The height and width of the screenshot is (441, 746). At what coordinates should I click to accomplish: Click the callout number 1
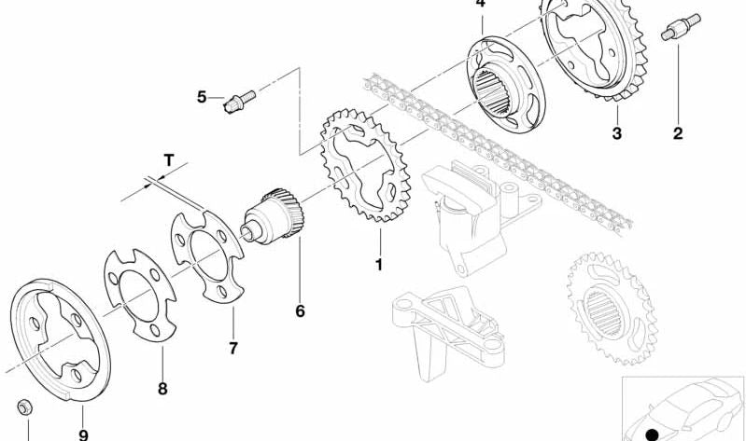click(379, 265)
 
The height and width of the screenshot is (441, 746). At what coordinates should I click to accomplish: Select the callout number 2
click(678, 133)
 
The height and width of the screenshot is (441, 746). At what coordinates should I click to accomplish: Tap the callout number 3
click(616, 133)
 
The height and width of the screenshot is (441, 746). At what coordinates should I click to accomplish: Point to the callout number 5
click(202, 97)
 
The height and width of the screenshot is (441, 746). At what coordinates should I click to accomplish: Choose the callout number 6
click(300, 311)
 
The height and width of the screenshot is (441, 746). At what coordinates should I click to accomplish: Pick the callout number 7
click(233, 349)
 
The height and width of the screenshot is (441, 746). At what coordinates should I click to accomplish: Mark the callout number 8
click(162, 389)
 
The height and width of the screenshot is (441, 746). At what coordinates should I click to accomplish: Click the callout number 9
click(83, 434)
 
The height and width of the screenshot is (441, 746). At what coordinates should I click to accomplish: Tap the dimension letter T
click(169, 160)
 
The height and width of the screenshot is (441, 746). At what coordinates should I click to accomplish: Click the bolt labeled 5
click(239, 102)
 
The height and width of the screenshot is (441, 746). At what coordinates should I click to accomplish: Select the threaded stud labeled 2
click(681, 28)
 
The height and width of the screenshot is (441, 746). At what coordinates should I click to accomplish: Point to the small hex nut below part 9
click(23, 407)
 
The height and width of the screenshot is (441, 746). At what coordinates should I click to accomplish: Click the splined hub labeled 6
click(273, 216)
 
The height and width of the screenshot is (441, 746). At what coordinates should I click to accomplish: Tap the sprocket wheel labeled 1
click(365, 165)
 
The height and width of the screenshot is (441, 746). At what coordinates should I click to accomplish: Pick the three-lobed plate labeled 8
click(140, 296)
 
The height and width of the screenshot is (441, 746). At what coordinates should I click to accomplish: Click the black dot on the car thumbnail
click(653, 434)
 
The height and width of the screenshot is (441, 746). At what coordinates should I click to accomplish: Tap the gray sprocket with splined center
click(612, 308)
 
